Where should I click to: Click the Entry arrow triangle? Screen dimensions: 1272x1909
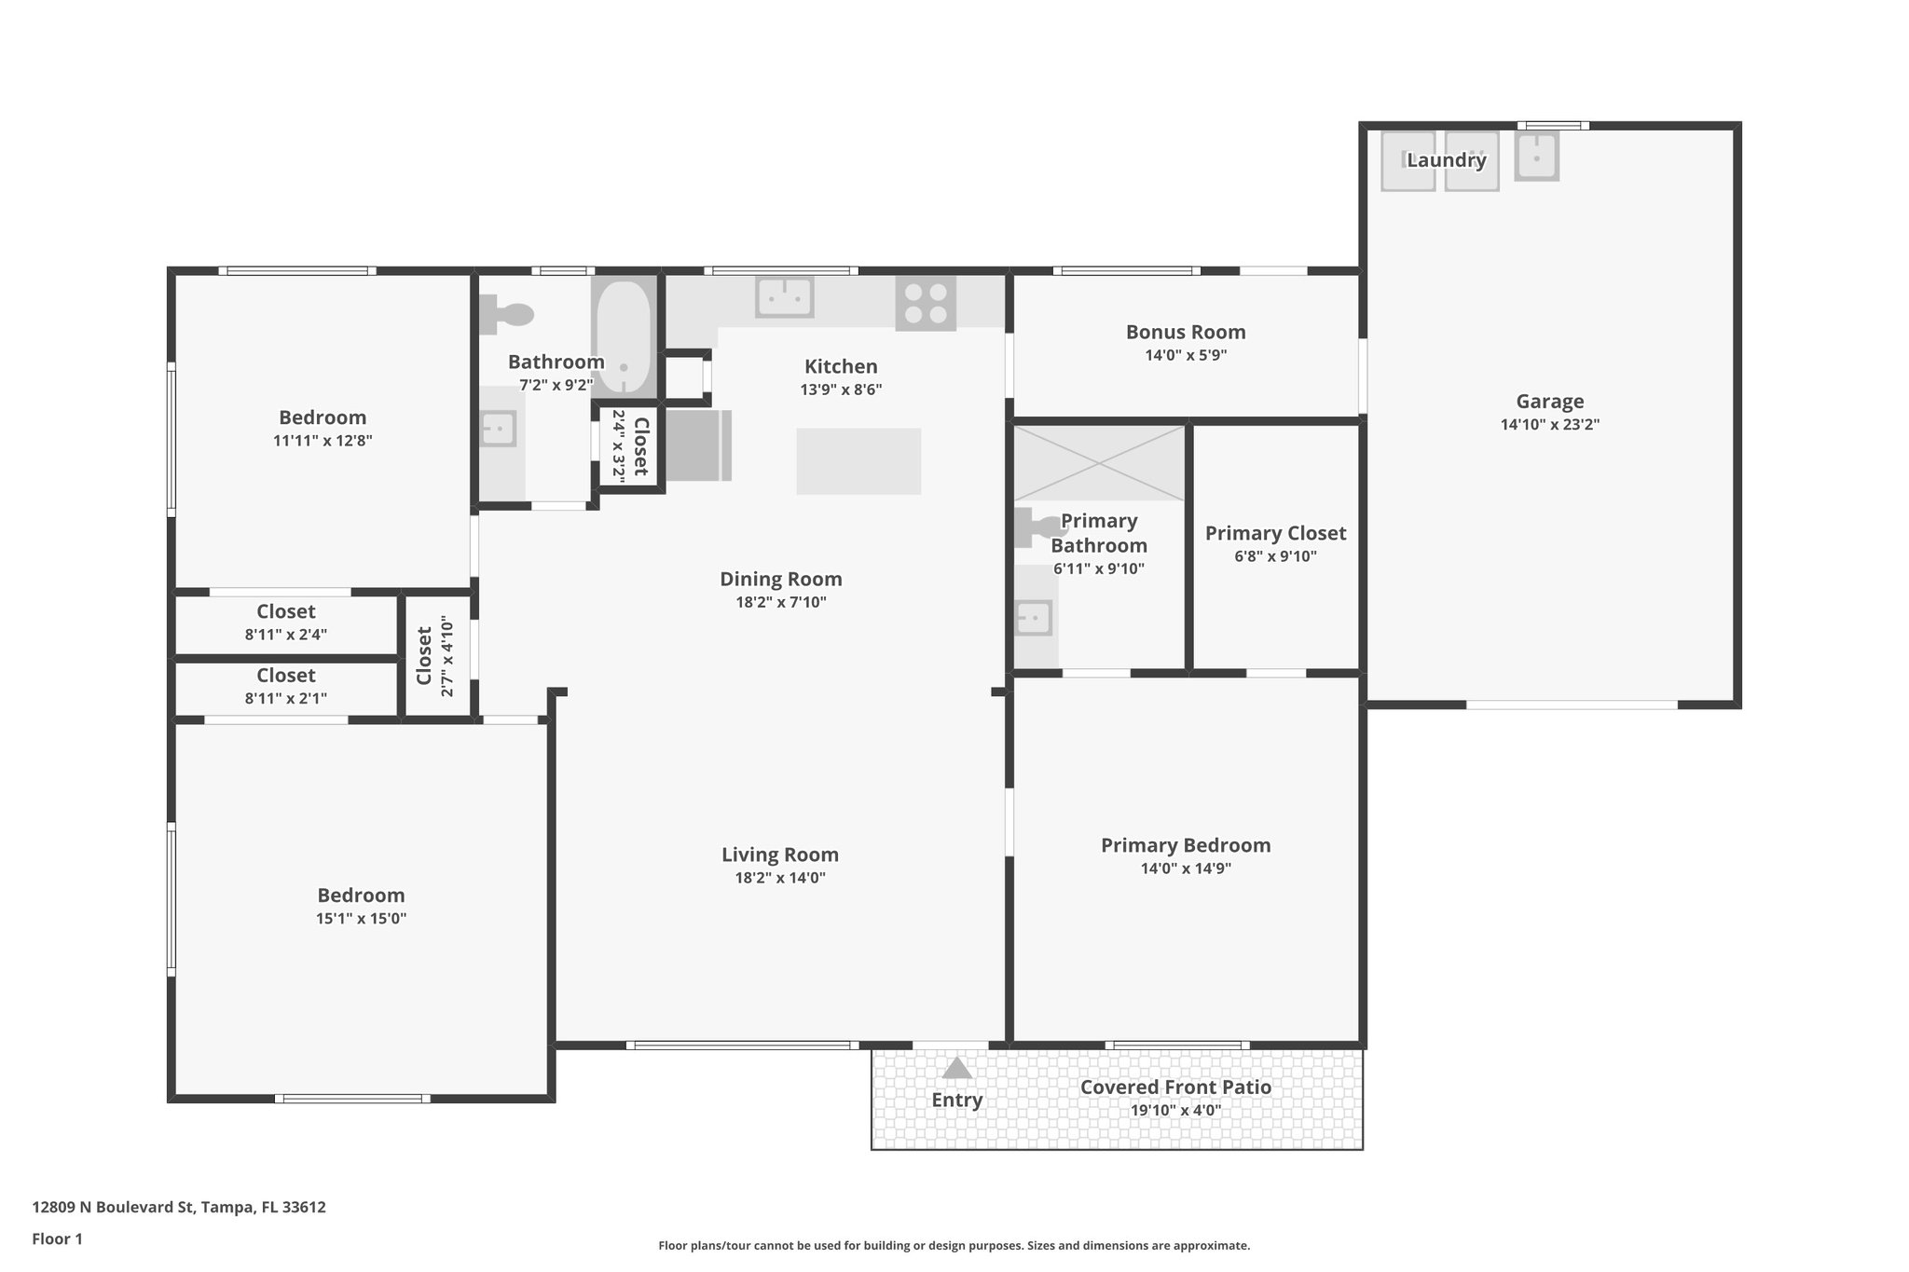coord(957,1068)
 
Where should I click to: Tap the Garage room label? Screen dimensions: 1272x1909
coord(1549,402)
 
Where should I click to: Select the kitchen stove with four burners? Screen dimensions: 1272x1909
coord(926,303)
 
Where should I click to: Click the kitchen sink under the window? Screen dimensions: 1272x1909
coord(784,296)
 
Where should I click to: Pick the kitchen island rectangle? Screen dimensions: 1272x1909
coord(858,460)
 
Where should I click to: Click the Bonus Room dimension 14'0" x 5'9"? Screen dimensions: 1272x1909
coord(1186,355)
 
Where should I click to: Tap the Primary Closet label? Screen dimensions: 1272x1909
coord(1275,533)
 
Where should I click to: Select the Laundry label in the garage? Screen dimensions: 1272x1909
coord(1446,160)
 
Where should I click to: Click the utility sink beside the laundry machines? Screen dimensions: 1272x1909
coord(1536,157)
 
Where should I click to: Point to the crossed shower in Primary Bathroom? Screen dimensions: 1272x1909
coord(1099,463)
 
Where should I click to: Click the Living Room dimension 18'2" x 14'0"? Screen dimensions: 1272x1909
coord(780,878)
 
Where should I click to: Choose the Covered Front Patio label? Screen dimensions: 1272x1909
coord(1175,1087)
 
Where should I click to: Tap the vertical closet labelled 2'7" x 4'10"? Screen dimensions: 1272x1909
coord(435,655)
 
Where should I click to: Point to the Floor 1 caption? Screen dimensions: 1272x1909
coord(57,1239)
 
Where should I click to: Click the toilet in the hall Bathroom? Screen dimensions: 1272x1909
coord(506,314)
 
